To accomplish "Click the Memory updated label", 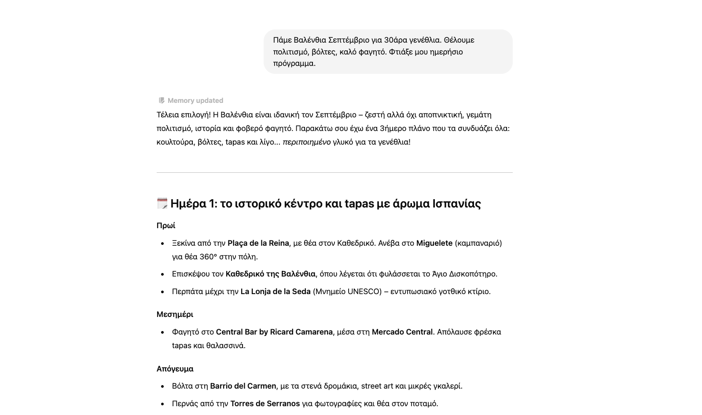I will tap(195, 101).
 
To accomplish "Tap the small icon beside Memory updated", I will tap(162, 101).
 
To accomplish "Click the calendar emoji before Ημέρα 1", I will tap(162, 203).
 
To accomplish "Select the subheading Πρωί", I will tap(166, 226).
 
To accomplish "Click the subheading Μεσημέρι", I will tap(175, 314).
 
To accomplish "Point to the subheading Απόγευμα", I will tap(175, 369).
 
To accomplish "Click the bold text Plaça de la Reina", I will tap(258, 243).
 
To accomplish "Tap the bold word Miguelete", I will tap(434, 243).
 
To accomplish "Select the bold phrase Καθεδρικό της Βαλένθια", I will tap(270, 274).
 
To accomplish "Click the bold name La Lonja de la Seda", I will tap(275, 291).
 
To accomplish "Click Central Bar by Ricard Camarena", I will tap(274, 332).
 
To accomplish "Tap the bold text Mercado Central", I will tap(402, 332).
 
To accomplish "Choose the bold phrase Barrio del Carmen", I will tap(243, 386).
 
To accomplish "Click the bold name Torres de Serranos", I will tap(265, 404).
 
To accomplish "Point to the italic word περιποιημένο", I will tap(306, 142).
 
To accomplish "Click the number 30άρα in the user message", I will tap(396, 40).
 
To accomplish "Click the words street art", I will tap(377, 386).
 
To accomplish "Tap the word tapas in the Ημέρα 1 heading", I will tap(359, 204).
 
